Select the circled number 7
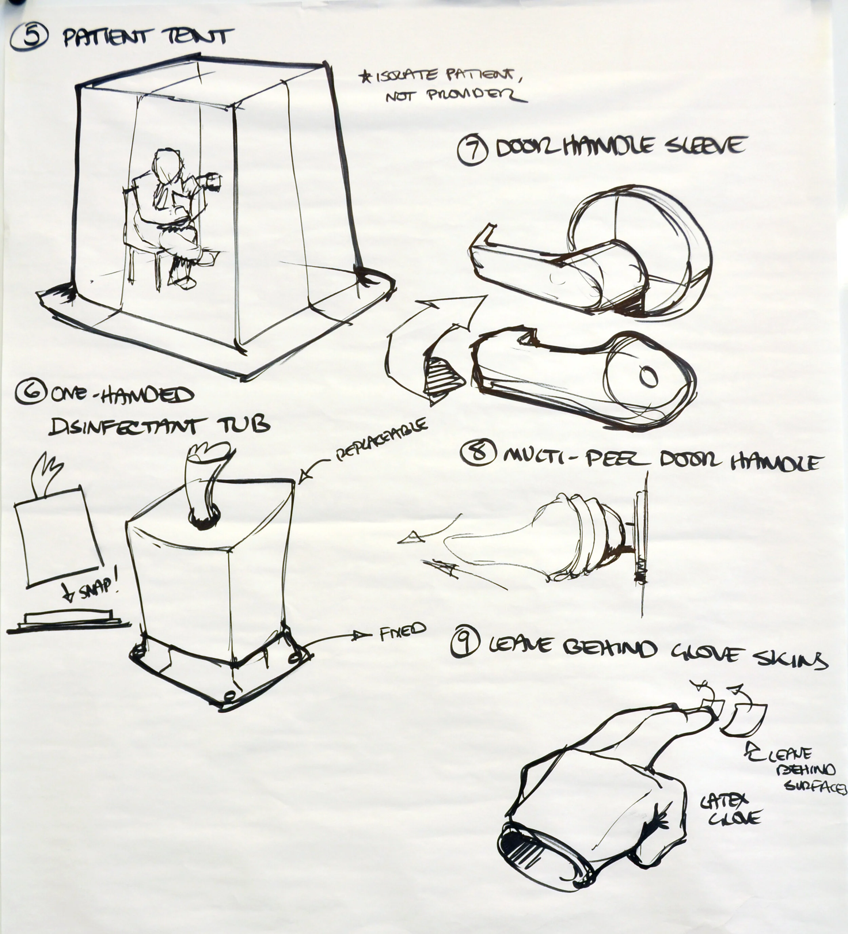pyautogui.click(x=472, y=151)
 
